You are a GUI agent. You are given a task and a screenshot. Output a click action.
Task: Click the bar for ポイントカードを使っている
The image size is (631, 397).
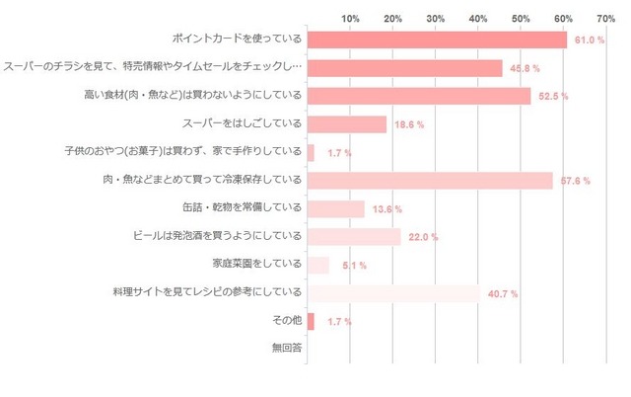(437, 40)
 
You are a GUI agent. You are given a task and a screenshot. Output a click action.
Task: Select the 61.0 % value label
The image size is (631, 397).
(591, 40)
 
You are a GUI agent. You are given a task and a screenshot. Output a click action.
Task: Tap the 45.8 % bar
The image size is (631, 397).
(405, 68)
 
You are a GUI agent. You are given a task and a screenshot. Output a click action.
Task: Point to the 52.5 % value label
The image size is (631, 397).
(554, 97)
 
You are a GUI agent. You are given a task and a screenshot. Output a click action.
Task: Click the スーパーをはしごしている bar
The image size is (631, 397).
(347, 124)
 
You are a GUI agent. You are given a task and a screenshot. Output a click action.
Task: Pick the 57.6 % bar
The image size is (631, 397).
(430, 181)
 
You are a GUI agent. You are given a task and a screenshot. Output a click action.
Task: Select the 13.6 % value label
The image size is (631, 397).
(388, 209)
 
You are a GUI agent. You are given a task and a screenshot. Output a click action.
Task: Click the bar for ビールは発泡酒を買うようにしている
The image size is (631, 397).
(354, 237)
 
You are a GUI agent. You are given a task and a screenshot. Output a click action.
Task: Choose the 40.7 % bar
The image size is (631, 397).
(393, 293)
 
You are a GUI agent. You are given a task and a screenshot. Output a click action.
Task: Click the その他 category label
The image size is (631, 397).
(285, 321)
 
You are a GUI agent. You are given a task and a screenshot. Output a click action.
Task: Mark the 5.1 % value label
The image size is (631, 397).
(351, 266)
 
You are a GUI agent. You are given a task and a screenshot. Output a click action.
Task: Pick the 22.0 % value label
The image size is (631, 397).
(424, 238)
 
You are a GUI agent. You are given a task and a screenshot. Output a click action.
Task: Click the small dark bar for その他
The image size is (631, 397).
(311, 321)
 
